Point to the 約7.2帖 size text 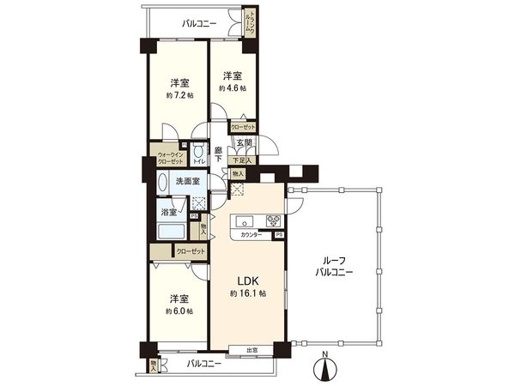pyautogui.click(x=179, y=95)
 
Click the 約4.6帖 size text pyautogui.click(x=232, y=87)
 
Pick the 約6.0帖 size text pyautogui.click(x=179, y=312)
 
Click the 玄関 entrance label pyautogui.click(x=245, y=143)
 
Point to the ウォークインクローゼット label pyautogui.click(x=170, y=159)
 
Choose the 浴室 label pyautogui.click(x=168, y=211)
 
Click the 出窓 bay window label pyautogui.click(x=252, y=349)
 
